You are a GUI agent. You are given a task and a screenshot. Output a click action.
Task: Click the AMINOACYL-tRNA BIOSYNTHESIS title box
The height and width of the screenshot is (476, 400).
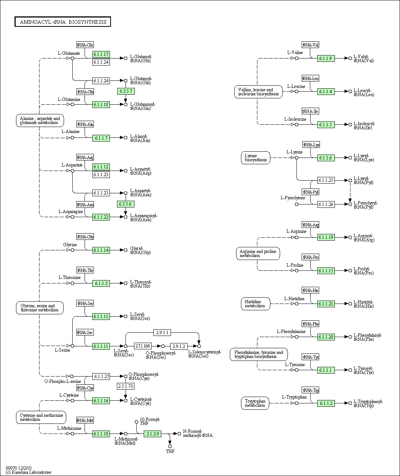[63, 22]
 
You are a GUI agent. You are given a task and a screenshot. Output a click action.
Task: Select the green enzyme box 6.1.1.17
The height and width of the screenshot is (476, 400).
[101, 54]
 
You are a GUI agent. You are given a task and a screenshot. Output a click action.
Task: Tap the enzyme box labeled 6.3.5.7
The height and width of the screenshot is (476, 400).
[126, 91]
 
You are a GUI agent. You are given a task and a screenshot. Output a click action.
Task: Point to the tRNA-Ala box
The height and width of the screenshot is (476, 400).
[85, 124]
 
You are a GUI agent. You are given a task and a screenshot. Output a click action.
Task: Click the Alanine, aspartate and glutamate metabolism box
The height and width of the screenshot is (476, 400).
[40, 121]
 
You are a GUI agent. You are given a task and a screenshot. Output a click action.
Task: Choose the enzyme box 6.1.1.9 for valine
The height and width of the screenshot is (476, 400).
[326, 58]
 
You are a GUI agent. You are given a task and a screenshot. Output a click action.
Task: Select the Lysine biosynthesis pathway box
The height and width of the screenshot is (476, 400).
[255, 158]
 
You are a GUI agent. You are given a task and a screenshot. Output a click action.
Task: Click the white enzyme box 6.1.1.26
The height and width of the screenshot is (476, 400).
[326, 204]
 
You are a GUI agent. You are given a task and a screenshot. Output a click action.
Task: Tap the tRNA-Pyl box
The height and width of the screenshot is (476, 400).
[310, 192]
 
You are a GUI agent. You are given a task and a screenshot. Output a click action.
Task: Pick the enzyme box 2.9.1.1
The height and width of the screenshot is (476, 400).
[162, 332]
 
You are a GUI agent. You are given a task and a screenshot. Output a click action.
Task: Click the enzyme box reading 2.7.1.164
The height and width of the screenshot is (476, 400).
[143, 346]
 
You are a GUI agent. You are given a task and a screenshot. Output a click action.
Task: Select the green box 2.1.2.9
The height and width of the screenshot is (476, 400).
[152, 434]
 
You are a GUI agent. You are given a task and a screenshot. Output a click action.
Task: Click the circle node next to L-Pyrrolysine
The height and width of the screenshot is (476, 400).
[297, 204]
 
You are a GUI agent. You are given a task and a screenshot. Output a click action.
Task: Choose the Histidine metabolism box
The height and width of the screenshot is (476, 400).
[255, 304]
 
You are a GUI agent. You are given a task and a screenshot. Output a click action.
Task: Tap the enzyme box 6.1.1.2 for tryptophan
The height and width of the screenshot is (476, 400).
[326, 403]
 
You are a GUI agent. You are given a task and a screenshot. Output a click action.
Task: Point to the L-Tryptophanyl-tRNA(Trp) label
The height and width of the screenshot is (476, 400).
[368, 403]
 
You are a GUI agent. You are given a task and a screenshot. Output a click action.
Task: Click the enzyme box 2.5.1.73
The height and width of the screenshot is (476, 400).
[126, 386]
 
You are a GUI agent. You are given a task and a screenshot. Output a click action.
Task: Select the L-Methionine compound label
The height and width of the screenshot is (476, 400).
[69, 428]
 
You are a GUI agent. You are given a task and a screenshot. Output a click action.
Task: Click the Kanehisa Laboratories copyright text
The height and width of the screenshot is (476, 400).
[29, 472]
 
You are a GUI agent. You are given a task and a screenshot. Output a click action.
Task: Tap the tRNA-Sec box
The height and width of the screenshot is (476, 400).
[85, 332]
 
